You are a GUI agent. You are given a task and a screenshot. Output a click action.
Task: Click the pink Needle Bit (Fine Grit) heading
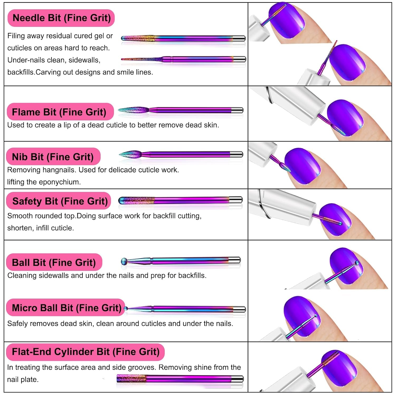(61, 18)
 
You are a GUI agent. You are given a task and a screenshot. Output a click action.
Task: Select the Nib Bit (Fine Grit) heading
(53, 157)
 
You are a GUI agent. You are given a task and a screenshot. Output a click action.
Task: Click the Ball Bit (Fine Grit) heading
(54, 262)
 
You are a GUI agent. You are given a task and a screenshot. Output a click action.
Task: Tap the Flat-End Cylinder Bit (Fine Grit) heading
(86, 352)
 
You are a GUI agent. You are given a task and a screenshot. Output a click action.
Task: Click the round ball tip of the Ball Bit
(124, 261)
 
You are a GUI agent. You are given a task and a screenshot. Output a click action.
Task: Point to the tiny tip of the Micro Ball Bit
(126, 308)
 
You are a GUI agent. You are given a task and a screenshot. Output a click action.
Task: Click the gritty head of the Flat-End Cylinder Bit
(131, 379)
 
